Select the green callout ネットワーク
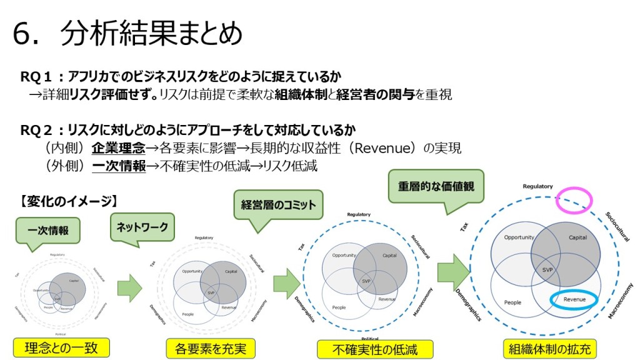[x=142, y=227]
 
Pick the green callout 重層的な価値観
[x=436, y=185]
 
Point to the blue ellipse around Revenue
[x=574, y=300]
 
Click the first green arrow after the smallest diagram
[x=130, y=287]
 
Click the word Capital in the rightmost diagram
[x=577, y=238]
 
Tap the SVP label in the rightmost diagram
[x=547, y=270]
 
